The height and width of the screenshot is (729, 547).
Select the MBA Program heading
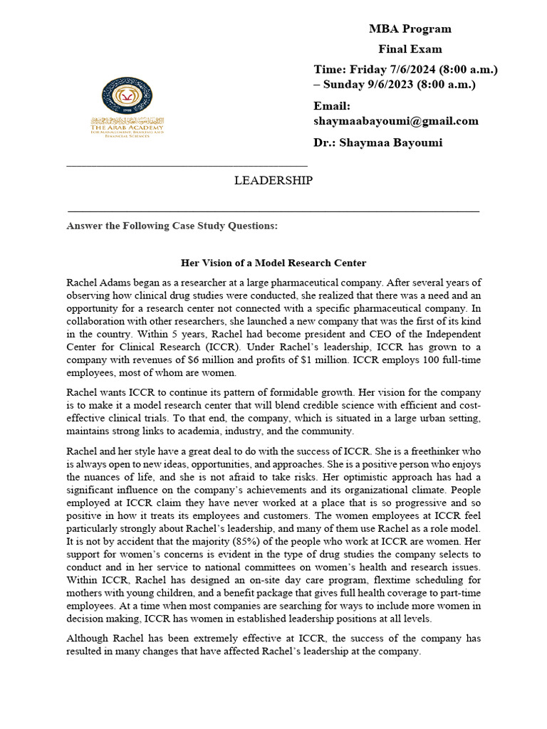coord(410,29)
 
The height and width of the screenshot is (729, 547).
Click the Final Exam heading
coord(410,49)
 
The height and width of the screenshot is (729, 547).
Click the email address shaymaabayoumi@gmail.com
coord(396,121)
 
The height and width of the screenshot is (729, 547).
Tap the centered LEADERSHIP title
coord(273,181)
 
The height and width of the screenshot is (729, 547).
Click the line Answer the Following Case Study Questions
coord(172,226)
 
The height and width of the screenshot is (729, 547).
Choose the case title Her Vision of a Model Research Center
coord(273,263)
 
